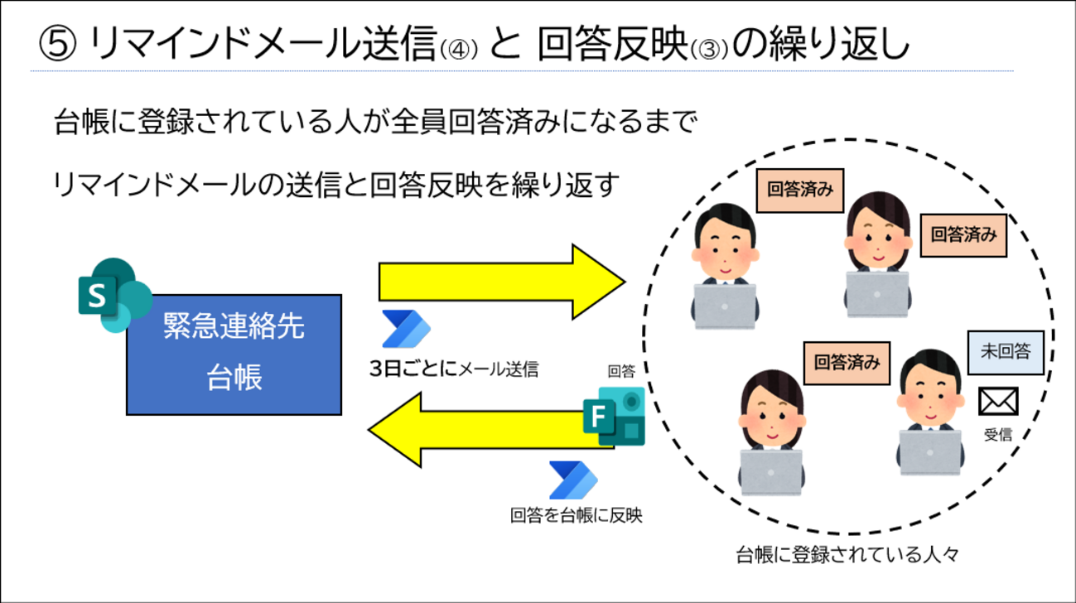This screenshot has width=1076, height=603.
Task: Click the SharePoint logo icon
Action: coord(113,295)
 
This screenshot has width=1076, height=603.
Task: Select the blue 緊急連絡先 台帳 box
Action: coord(234,354)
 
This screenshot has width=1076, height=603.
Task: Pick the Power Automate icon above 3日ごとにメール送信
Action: coord(405,330)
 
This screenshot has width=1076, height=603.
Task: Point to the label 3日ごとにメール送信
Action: coord(453,369)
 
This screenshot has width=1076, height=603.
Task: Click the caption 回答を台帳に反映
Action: coord(576,515)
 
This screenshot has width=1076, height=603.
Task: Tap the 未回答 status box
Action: coord(1006,352)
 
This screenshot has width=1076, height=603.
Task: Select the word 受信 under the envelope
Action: coord(997,434)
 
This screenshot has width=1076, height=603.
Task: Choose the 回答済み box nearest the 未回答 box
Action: coord(847,362)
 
